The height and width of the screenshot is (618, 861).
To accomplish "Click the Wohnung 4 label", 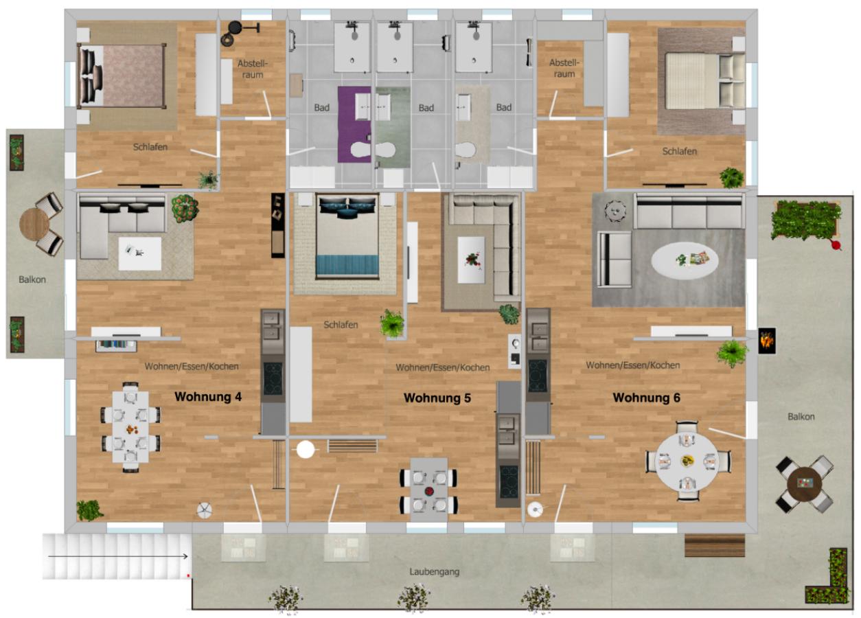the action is point(208,397).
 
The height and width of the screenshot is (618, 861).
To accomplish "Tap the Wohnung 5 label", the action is point(437,398).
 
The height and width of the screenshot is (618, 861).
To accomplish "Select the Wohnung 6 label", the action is point(647,398).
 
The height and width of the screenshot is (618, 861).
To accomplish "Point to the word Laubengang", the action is point(435,572).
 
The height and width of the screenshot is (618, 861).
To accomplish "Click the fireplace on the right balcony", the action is point(767,341).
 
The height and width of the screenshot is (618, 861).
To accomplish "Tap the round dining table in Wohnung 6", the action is point(687,461).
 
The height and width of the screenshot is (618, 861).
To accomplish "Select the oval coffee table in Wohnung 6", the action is point(685,260).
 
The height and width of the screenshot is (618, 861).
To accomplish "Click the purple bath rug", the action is point(354,124).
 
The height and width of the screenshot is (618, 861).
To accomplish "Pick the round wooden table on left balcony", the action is point(34,223).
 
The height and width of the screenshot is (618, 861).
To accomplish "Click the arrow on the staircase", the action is point(118,556).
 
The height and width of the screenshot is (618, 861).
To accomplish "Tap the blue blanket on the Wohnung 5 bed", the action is point(347,265).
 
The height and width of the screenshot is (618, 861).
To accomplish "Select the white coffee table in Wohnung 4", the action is point(140,253).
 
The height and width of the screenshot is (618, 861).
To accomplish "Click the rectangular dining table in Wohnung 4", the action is point(130,426).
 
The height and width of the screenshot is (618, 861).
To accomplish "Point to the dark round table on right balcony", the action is point(805,483).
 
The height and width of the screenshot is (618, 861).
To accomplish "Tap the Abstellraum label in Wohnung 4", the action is point(253,69).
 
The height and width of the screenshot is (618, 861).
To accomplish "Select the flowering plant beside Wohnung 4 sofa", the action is point(185,208).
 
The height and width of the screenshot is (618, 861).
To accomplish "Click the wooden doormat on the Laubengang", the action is point(715,545).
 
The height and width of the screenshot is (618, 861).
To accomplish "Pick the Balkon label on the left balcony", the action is point(32,279).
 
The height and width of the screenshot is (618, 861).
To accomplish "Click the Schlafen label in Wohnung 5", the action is point(341,325).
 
